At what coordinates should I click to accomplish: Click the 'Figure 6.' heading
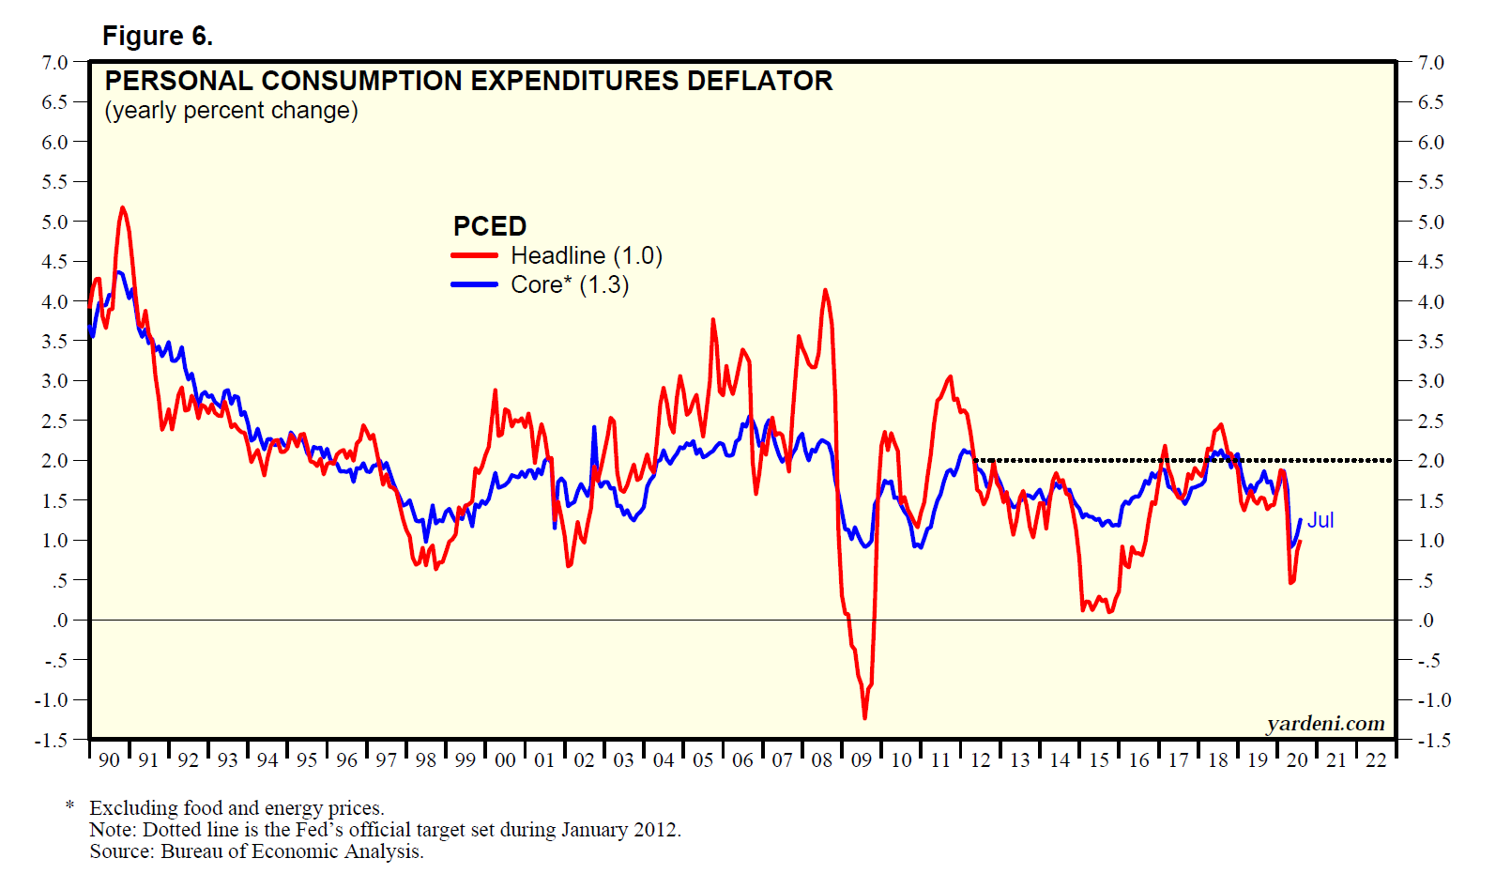(x=157, y=36)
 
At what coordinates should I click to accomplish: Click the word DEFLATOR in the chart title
(x=759, y=81)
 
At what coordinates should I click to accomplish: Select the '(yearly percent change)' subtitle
(x=231, y=111)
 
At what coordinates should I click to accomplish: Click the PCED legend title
(x=489, y=226)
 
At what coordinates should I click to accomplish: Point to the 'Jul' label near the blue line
(x=1320, y=520)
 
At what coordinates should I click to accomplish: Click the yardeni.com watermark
(x=1325, y=724)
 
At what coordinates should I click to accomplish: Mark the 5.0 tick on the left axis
(x=54, y=222)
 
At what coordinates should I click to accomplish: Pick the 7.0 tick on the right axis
(x=1430, y=63)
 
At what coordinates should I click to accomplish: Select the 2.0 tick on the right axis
(x=1430, y=461)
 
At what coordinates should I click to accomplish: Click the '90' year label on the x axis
(x=109, y=760)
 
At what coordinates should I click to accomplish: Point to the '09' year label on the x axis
(x=862, y=760)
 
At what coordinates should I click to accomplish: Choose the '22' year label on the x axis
(x=1376, y=760)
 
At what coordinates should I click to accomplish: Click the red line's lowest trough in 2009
(x=864, y=718)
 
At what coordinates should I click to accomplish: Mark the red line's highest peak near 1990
(x=123, y=207)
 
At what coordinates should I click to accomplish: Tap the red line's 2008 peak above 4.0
(x=825, y=290)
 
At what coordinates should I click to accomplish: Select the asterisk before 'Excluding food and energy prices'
(x=69, y=806)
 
